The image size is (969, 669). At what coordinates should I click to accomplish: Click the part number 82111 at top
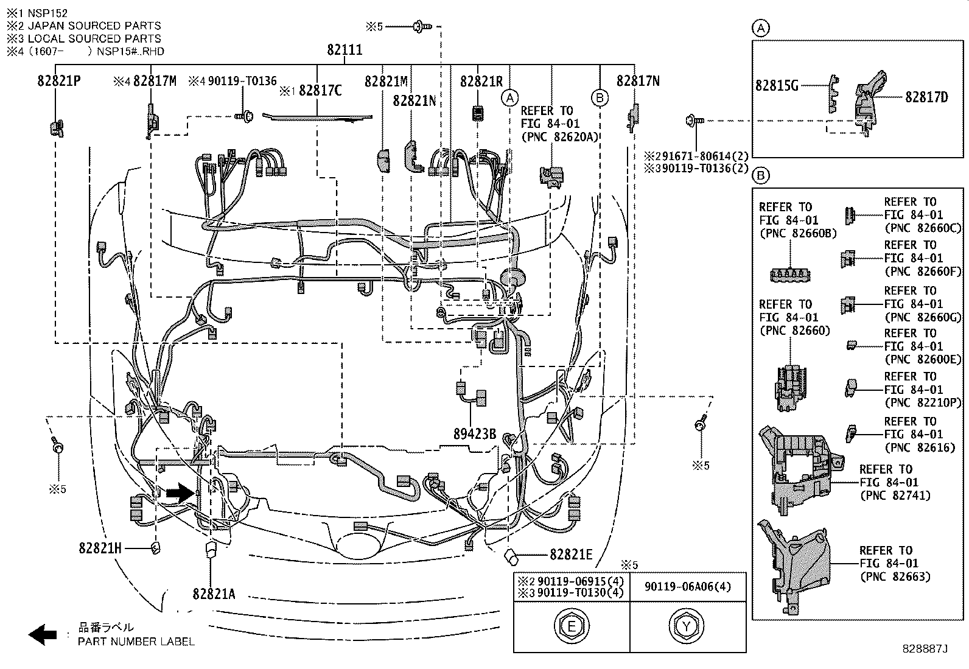coord(345,50)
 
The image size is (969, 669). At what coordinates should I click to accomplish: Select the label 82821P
coord(59,81)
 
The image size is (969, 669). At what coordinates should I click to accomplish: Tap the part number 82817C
coord(320,91)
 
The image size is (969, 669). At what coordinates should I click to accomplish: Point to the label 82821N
coord(414,100)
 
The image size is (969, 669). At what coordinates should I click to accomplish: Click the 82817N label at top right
coord(637,81)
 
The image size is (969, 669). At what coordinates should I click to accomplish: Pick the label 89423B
coord(475,434)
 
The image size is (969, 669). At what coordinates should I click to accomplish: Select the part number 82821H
coord(100,548)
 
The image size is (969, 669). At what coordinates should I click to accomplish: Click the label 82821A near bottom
coord(214,594)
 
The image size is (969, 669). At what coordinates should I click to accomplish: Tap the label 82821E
coord(570,554)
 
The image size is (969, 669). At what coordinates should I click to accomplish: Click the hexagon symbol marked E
coord(572,626)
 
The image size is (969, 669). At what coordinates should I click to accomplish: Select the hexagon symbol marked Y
coord(687,626)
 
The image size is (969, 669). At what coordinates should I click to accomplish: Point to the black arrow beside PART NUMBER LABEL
coord(43,634)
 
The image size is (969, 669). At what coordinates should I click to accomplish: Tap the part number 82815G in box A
coord(777,86)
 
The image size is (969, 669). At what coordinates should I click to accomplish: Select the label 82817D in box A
coord(926,97)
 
